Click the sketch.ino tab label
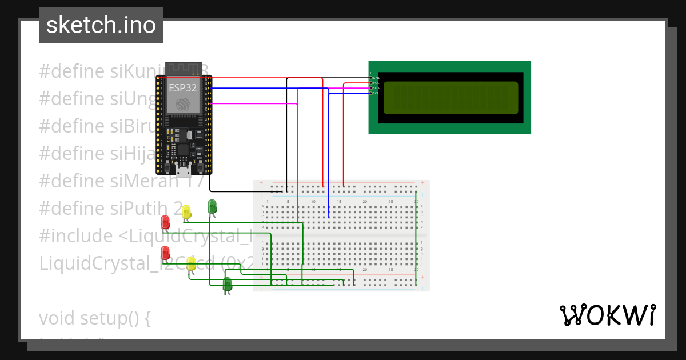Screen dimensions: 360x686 pos(101,25)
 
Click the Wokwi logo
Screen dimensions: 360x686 pos(607,315)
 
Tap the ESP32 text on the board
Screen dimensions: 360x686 pos(182,88)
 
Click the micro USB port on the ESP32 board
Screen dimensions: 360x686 pos(184,169)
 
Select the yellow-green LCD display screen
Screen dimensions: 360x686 pos(450,98)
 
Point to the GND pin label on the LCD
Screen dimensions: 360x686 pos(376,77)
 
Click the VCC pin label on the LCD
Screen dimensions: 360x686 pos(376,83)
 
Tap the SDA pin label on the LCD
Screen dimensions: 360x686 pos(376,88)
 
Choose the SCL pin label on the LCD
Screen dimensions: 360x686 pos(376,93)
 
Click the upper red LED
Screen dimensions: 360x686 pos(165,222)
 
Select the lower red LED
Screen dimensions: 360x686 pos(165,253)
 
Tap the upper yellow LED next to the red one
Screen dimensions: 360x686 pos(186,212)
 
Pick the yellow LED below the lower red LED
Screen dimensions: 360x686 pos(192,264)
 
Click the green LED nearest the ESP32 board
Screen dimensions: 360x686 pos(212,206)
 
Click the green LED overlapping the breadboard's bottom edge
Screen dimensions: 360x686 pos(227,284)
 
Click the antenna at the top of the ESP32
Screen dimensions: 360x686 pos(183,69)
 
